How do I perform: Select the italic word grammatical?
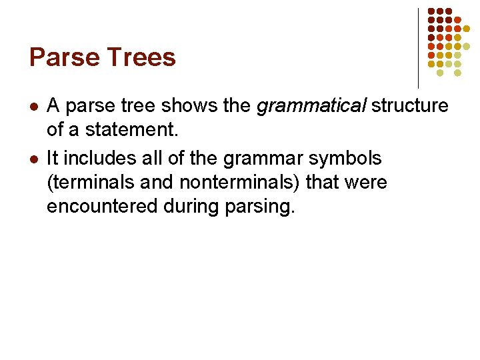tap(311, 105)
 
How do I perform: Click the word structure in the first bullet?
tap(410, 105)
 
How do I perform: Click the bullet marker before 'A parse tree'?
tap(35, 106)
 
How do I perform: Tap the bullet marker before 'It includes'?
tap(35, 159)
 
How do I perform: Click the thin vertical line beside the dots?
tap(418, 47)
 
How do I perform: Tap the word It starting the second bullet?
tap(53, 159)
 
